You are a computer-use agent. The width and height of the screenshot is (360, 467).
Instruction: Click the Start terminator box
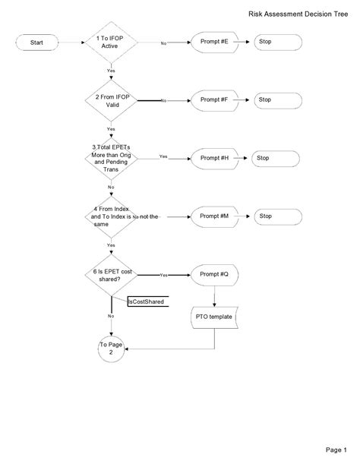click(36, 43)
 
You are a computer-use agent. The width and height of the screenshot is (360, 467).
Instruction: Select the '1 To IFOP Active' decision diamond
click(111, 43)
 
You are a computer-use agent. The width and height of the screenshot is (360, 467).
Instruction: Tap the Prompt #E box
click(215, 43)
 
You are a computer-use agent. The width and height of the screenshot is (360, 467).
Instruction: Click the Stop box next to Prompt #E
click(274, 43)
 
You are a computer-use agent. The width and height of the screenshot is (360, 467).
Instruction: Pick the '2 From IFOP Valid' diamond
click(111, 100)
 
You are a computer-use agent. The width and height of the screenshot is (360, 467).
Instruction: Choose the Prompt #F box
click(215, 100)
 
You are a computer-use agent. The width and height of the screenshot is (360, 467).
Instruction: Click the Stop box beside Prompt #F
click(274, 100)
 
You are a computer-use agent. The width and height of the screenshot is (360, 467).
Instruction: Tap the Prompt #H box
click(215, 158)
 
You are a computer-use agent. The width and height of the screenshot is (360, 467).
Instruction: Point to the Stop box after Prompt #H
click(274, 158)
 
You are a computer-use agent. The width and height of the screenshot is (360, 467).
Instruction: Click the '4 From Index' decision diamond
click(111, 216)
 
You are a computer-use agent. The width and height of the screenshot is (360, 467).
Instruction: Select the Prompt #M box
click(215, 216)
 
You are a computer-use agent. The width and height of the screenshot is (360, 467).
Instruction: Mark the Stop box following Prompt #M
click(274, 216)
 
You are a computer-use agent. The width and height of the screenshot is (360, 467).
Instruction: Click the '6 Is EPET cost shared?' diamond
click(111, 274)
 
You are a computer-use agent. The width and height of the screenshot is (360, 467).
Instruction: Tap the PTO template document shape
click(215, 317)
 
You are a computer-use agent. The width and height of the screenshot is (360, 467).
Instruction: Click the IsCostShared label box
click(146, 301)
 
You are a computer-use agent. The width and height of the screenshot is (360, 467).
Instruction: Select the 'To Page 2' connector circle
click(111, 349)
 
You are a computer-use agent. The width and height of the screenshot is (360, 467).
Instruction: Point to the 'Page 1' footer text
click(336, 450)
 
